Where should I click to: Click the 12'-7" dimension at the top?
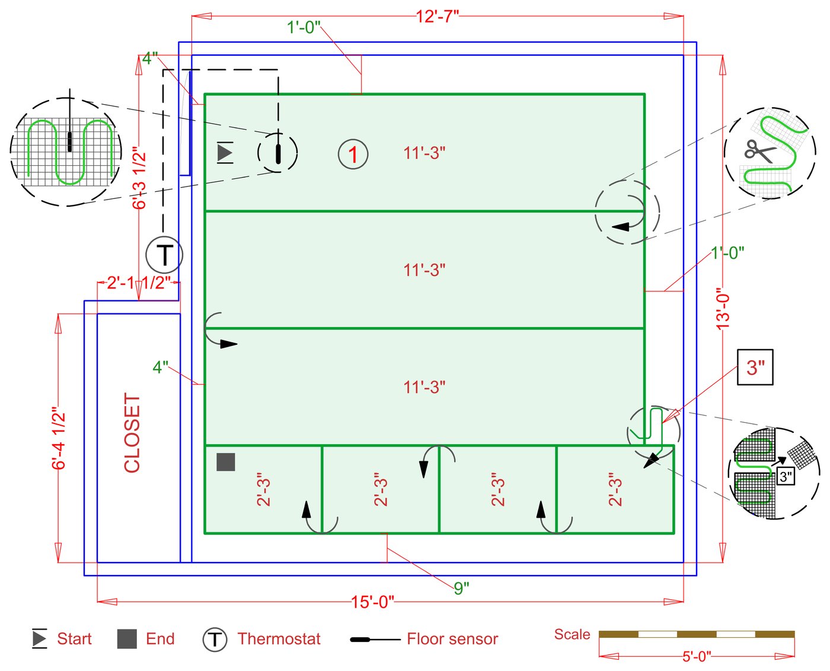click(437, 17)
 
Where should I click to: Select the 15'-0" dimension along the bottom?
click(372, 602)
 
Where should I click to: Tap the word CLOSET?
click(132, 433)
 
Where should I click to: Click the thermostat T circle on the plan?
click(164, 255)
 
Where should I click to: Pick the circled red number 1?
click(353, 154)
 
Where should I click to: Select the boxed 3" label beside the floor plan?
click(755, 367)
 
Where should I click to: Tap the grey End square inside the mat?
click(226, 462)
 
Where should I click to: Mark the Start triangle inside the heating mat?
click(225, 152)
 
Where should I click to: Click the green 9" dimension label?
click(461, 589)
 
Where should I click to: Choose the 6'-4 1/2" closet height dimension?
click(59, 438)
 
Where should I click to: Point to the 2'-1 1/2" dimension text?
click(139, 282)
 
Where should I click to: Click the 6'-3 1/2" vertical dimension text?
click(139, 178)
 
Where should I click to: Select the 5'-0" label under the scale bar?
click(697, 657)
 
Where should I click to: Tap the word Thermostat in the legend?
click(279, 638)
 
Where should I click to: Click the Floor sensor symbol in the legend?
click(375, 639)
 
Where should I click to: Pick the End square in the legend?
click(127, 639)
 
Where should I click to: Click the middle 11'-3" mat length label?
click(424, 270)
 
